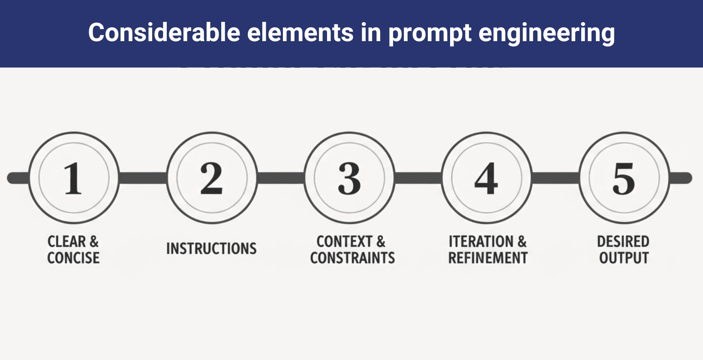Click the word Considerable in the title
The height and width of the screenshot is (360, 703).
164,33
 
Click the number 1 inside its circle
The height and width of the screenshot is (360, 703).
73,178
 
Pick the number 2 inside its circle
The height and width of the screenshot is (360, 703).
211,178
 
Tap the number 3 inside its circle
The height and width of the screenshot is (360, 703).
349,178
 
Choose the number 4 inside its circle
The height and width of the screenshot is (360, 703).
487,178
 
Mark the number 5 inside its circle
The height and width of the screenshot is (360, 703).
624,178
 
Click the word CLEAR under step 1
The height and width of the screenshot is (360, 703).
66,241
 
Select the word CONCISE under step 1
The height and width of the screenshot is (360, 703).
73,258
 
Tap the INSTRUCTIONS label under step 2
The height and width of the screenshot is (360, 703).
211,249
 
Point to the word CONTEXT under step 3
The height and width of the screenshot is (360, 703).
344,241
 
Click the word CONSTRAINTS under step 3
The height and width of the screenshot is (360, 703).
352,258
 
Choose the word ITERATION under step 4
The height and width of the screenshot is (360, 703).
481,241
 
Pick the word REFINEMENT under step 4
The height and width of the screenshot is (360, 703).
488,258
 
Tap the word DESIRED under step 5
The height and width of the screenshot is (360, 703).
623,241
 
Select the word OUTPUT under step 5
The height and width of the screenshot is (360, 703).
624,258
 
